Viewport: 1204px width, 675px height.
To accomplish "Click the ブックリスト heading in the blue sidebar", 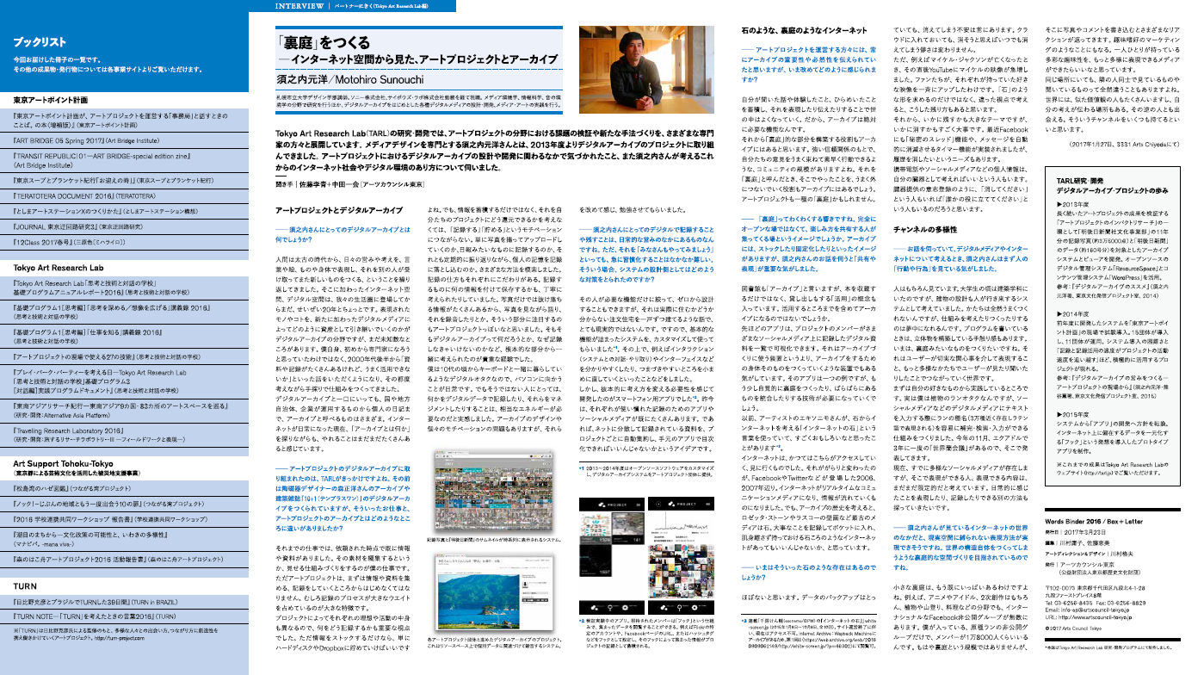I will [40, 40].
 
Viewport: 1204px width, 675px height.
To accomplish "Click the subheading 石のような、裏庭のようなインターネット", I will [806, 31].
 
